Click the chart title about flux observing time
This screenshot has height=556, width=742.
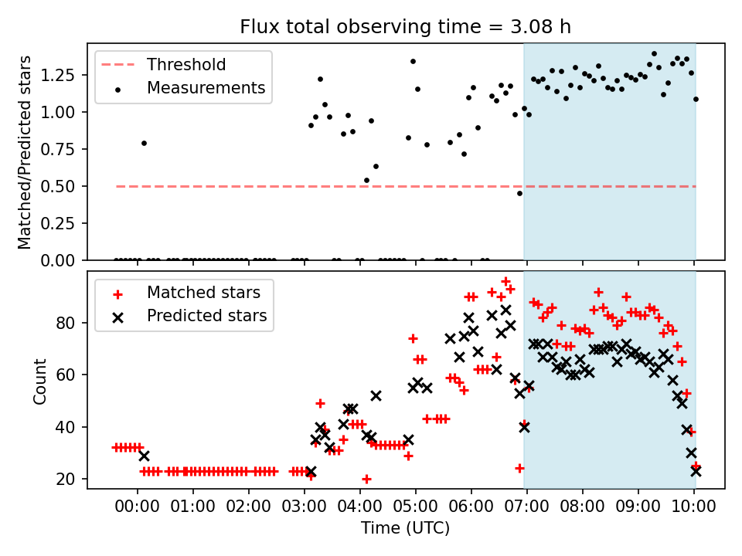coord(406,28)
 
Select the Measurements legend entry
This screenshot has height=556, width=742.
coord(206,88)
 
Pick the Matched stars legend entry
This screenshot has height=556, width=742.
coord(203,293)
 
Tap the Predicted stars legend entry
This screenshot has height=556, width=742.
coord(206,316)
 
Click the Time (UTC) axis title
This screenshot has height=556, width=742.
coord(406,529)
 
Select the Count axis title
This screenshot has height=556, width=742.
coord(39,381)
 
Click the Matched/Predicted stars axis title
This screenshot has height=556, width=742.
coord(25,152)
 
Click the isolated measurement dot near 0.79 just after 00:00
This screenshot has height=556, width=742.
coord(144,143)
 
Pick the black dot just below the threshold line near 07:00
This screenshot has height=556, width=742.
coord(519,193)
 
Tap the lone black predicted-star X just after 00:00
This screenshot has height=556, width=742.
coord(144,456)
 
